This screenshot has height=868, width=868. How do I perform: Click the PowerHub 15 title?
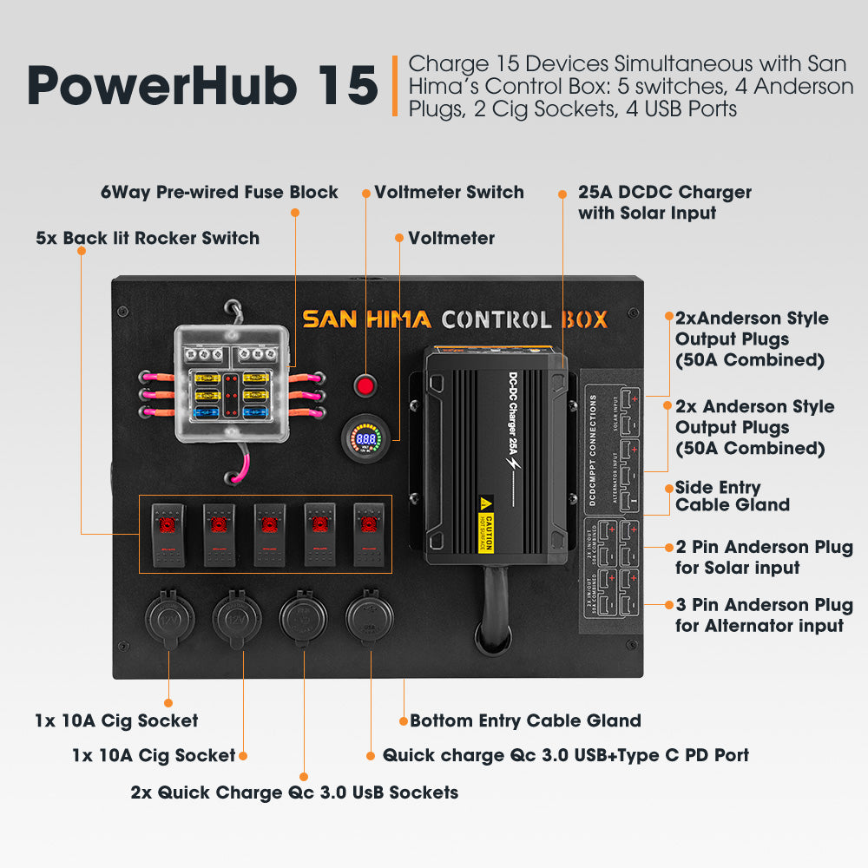tap(201, 85)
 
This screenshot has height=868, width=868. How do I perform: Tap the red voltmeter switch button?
tap(365, 385)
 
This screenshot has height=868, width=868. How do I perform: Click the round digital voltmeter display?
tap(366, 439)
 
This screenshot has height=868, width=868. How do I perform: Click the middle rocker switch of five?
tap(269, 533)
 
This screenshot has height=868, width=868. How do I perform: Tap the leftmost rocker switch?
tap(168, 533)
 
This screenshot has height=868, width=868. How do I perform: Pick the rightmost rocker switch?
tap(368, 533)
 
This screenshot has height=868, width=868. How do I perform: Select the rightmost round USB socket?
tap(370, 618)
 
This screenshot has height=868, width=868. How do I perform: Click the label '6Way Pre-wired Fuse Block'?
tap(220, 193)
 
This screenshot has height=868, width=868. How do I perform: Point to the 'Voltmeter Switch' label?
tap(449, 193)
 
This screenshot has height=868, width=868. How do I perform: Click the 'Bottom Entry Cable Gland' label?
tap(525, 720)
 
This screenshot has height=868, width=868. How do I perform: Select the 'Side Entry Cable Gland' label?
tap(732, 496)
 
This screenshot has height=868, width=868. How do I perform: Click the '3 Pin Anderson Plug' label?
tap(764, 615)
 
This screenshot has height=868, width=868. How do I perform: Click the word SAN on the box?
tap(330, 319)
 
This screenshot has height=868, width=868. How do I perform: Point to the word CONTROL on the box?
tap(496, 319)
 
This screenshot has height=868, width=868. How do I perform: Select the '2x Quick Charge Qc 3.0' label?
tap(294, 792)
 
